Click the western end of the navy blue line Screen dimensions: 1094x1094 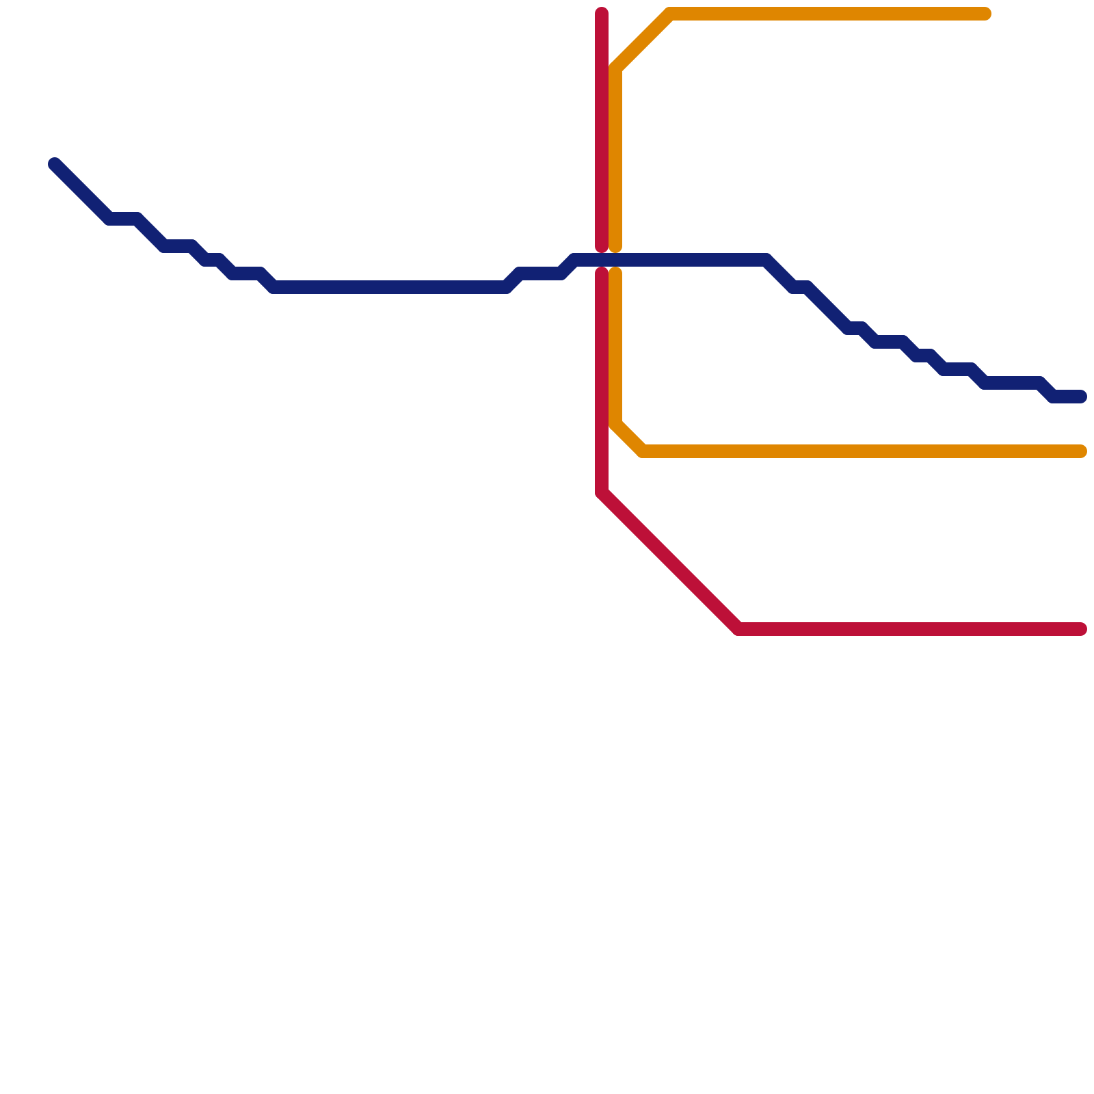coord(55,164)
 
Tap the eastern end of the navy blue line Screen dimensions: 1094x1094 coord(1081,397)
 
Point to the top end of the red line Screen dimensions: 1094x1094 coord(602,13)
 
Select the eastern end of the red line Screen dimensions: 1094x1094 coord(1081,629)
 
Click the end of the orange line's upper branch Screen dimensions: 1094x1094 coord(985,14)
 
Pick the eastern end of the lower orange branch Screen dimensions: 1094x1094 coord(1081,451)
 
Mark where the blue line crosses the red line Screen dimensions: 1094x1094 coord(602,260)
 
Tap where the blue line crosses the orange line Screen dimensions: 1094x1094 coord(615,260)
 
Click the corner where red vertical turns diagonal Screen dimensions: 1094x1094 coord(602,492)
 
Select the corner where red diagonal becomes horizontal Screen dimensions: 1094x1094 coord(738,629)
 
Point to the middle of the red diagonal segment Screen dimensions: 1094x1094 coord(670,561)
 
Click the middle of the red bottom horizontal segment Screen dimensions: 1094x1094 coord(909,629)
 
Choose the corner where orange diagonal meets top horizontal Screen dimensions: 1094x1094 coord(670,14)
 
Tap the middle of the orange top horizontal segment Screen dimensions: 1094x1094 coord(827,14)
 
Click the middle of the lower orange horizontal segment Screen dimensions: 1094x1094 coord(862,451)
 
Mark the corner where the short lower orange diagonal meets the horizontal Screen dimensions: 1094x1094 coord(643,451)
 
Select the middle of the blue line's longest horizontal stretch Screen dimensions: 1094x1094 coord(390,287)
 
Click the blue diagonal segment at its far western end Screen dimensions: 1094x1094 coord(82,191)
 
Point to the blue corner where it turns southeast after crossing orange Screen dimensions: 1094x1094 coord(766,260)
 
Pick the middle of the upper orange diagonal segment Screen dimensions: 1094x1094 coord(643,41)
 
